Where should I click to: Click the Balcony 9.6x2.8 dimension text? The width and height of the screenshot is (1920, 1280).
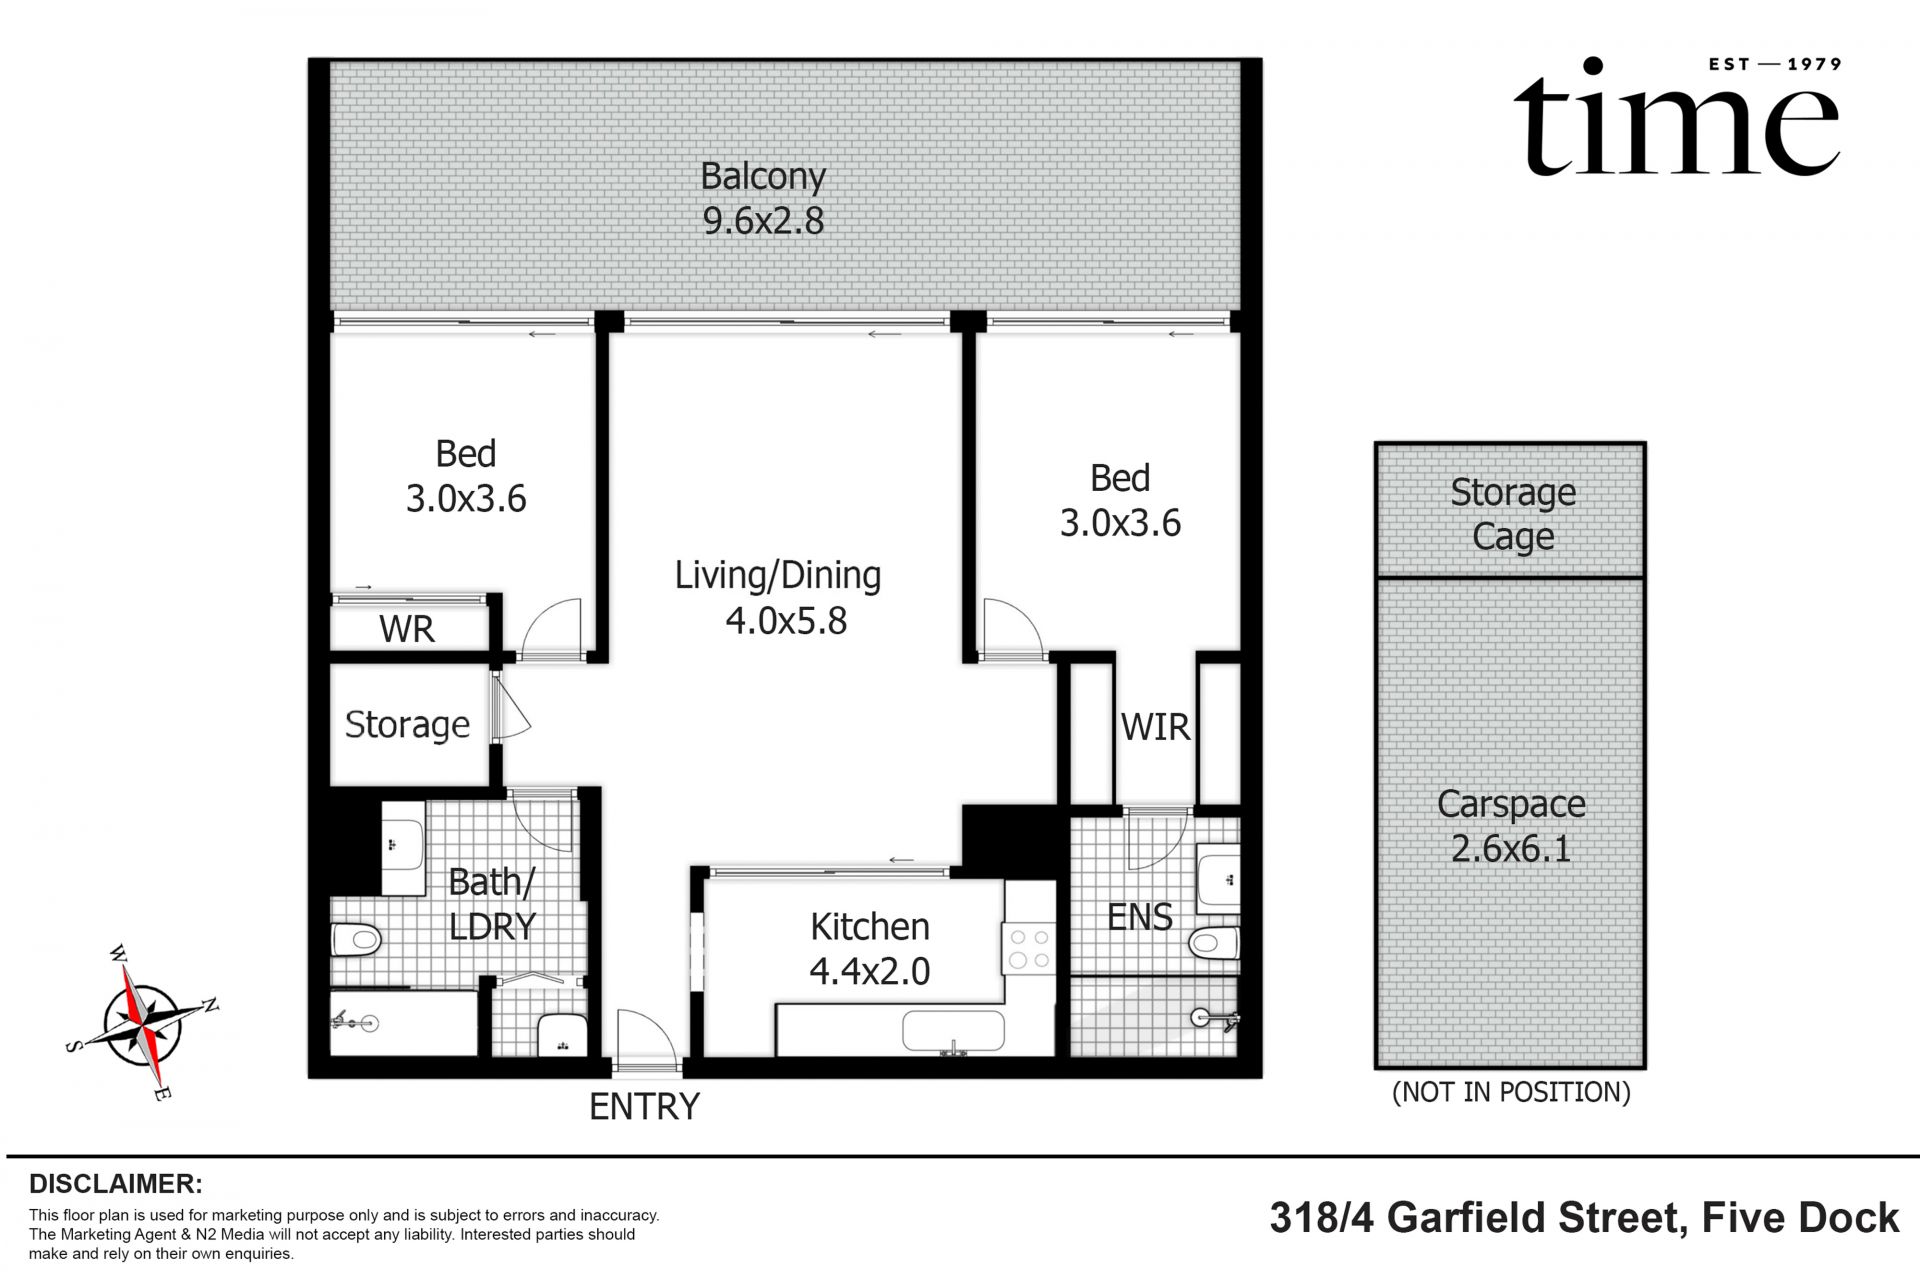point(763,221)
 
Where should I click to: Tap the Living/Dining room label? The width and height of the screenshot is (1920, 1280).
point(777,576)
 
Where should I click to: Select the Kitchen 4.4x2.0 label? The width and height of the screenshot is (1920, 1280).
point(869,948)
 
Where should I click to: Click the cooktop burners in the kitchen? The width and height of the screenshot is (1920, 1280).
point(1029,948)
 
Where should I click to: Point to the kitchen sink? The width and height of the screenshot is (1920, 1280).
point(953,1031)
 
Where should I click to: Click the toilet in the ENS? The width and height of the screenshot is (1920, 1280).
point(1214,942)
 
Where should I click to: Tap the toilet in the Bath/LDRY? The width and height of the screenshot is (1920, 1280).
point(356,939)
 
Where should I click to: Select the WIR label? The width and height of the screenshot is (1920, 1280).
point(1155,727)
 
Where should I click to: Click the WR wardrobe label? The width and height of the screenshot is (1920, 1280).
point(407,629)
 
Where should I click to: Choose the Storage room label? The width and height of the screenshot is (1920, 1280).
point(407,724)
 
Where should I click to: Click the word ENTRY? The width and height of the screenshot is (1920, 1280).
point(644,1106)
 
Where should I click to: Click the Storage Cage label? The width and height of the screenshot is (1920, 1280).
point(1512,514)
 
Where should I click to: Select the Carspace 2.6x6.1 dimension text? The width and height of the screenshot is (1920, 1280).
point(1511,849)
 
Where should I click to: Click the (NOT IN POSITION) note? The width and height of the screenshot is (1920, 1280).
point(1511,1092)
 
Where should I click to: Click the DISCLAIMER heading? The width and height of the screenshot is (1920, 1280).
point(116,1184)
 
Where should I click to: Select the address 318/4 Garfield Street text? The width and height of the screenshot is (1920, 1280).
point(1584,1218)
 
